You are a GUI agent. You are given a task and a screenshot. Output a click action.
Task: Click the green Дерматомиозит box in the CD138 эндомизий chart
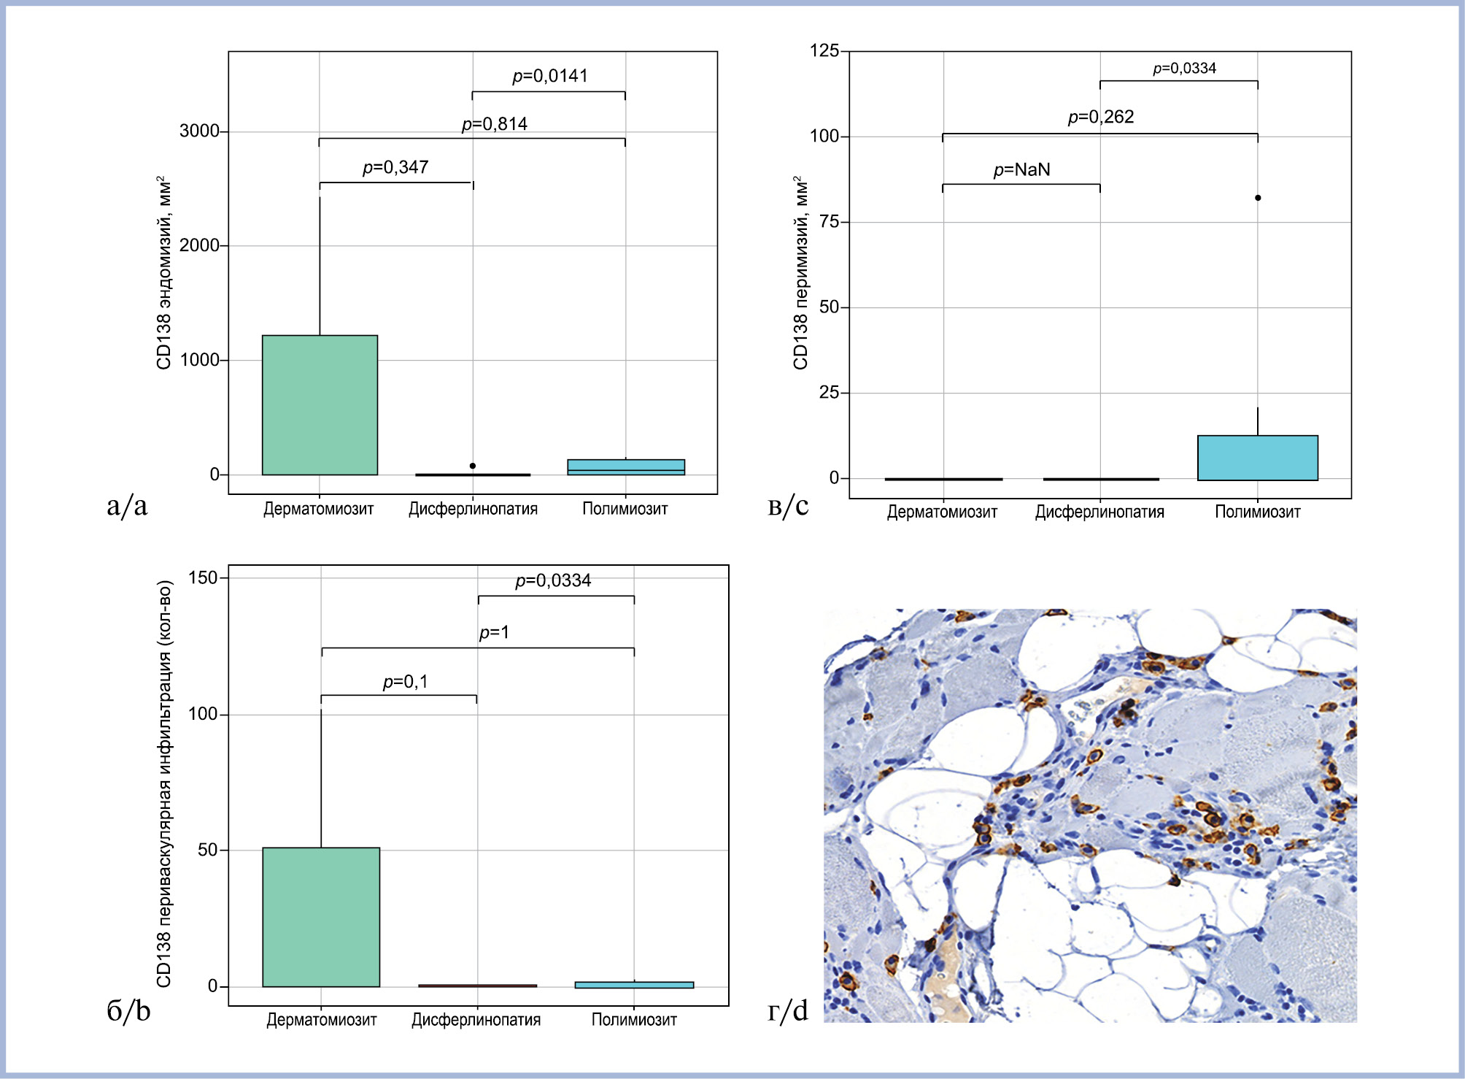[x=320, y=405]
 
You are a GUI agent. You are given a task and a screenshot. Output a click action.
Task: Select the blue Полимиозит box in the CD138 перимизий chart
[x=1258, y=458]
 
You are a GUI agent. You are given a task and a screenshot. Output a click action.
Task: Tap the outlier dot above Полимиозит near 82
[x=1258, y=198]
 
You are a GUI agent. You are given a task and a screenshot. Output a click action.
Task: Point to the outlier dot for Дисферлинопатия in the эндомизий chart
[x=473, y=466]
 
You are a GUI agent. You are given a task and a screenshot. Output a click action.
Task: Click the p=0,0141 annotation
[x=549, y=76]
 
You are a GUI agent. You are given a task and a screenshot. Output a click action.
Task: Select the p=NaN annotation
[x=1021, y=170]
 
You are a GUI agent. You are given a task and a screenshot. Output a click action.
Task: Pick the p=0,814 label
[x=494, y=124]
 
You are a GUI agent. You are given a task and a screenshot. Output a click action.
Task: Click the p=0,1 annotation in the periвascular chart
[x=405, y=682]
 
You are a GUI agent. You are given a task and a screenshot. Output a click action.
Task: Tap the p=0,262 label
[x=1100, y=117]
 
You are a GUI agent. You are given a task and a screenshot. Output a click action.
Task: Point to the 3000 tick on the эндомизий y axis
[x=199, y=131]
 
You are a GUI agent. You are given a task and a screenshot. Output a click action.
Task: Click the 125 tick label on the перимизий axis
[x=824, y=50]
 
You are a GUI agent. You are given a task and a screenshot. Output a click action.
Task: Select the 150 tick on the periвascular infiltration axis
[x=203, y=578]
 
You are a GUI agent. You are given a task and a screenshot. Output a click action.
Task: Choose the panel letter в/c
[x=788, y=505]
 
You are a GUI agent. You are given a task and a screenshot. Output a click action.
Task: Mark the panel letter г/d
[x=788, y=1011]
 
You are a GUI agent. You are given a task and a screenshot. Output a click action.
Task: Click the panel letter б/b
[x=128, y=1010]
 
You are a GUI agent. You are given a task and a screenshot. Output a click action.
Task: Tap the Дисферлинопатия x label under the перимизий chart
[x=1099, y=512]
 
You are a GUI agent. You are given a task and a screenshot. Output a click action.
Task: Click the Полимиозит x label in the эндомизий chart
[x=625, y=509]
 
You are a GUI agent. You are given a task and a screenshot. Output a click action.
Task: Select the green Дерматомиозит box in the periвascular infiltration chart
[x=321, y=917]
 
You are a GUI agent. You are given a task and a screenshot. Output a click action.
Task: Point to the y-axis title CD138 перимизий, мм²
[x=800, y=272]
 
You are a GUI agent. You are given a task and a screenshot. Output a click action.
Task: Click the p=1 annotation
[x=494, y=632]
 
